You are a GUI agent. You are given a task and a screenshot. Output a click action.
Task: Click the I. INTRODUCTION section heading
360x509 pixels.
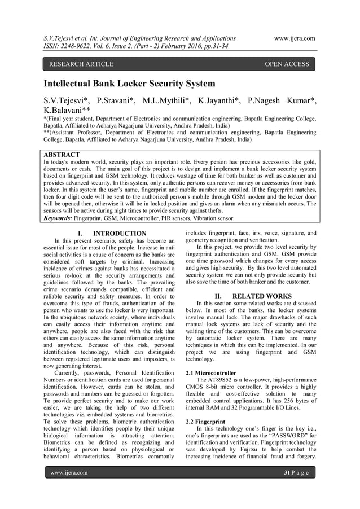(112, 234)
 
